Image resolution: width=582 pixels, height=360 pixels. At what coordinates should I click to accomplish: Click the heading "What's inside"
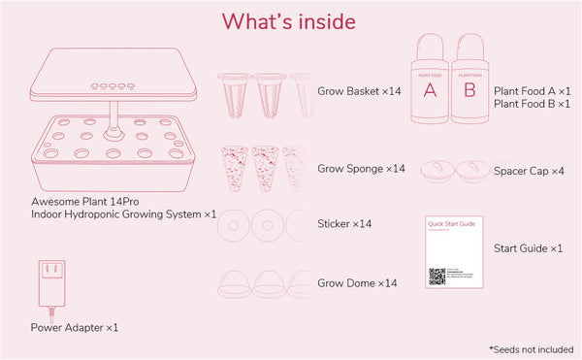click(289, 20)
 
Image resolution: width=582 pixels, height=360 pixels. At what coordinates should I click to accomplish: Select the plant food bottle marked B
click(469, 77)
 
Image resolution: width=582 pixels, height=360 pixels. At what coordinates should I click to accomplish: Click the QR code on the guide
click(437, 277)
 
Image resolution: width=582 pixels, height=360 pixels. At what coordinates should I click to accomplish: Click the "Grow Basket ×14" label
click(360, 91)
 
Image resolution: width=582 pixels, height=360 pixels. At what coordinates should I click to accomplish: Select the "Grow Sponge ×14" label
click(362, 169)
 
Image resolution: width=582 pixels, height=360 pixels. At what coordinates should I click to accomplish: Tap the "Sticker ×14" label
click(345, 224)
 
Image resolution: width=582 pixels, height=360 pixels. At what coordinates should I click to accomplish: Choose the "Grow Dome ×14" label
click(357, 283)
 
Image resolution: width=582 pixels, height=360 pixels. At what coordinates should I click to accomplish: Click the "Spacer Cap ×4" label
click(529, 172)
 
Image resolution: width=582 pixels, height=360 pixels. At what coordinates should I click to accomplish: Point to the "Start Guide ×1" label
click(529, 249)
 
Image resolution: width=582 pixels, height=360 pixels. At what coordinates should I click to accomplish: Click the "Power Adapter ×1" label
click(75, 328)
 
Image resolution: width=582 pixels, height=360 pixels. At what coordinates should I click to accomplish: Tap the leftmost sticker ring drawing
click(233, 228)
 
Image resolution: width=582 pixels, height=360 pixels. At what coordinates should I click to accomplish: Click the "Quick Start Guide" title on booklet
click(451, 222)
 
